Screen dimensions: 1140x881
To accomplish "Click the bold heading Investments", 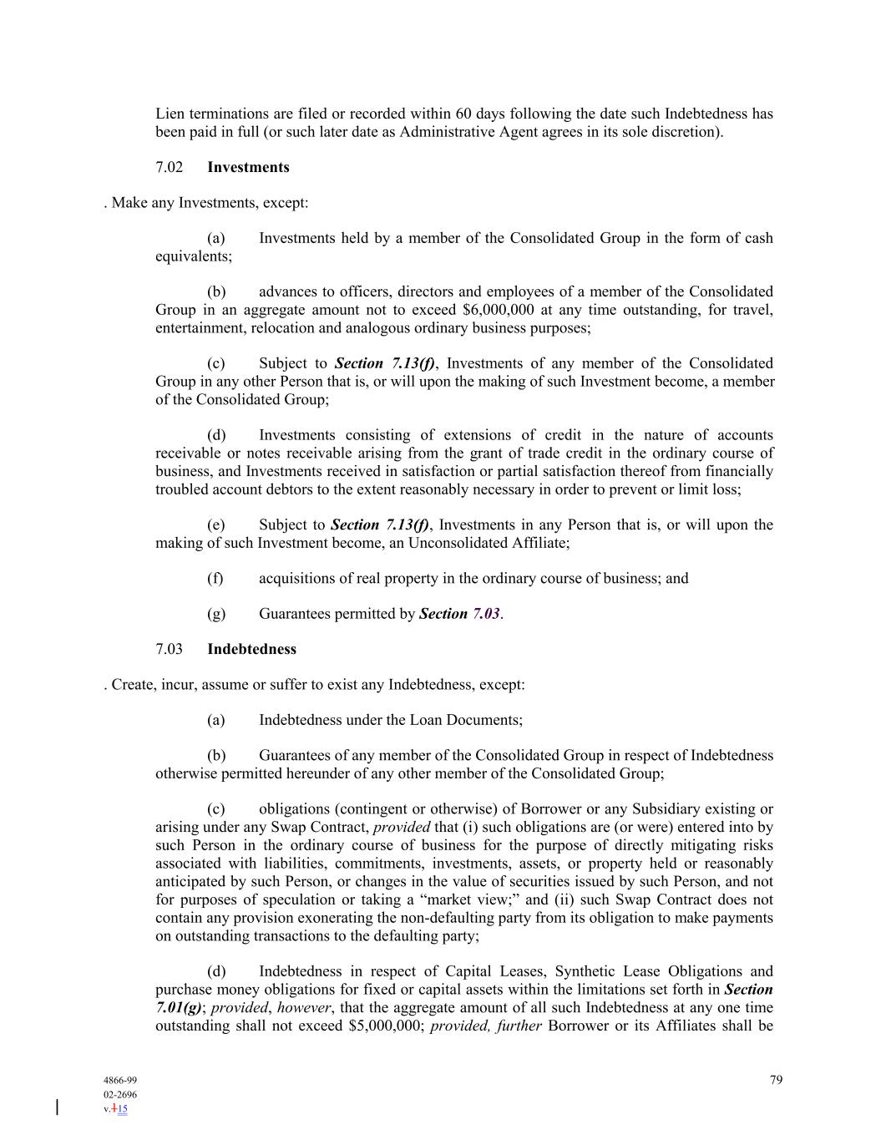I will coord(248,167).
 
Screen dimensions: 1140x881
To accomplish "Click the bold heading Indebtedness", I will coord(251,649).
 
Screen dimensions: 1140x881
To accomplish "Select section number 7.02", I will coord(169,167).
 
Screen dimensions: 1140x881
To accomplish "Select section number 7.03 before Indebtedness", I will coord(169,649).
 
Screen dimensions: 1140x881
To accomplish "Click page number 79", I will coord(776,1080).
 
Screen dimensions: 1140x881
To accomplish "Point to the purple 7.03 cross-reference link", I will coord(486,614).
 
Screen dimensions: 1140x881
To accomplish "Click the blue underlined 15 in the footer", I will coord(122,1109).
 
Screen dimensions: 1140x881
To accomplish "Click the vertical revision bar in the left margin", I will coord(57,1107).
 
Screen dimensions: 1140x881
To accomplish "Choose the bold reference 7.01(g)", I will coord(178,1008).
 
